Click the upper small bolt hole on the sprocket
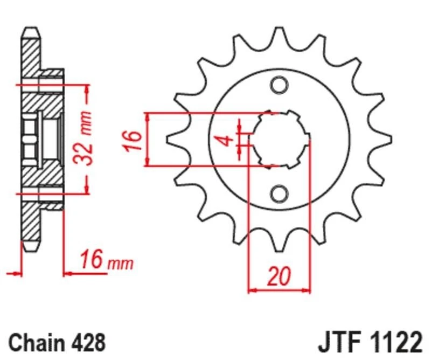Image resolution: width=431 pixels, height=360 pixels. tap(279, 85)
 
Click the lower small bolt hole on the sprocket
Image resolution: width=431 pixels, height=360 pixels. tap(279, 192)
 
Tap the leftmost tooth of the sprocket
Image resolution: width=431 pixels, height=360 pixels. tap(171, 139)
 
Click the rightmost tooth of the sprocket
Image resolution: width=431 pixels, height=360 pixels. tap(386, 139)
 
